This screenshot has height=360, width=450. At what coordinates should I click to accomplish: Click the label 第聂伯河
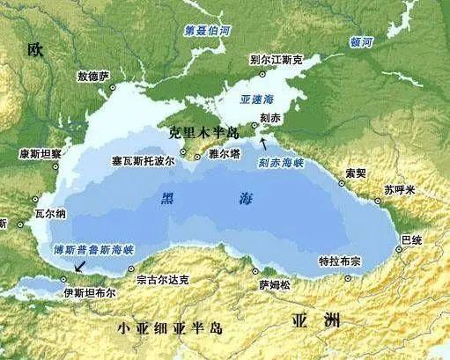pos(207,30)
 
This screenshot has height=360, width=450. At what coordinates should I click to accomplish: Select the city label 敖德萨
pos(93,77)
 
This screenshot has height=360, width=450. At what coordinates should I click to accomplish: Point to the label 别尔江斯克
pos(276,60)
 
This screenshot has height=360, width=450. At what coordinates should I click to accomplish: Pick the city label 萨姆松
pos(273,283)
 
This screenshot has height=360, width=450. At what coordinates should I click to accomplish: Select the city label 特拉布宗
pos(340,263)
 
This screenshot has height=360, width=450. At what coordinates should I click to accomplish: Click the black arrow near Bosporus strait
pos(80,264)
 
